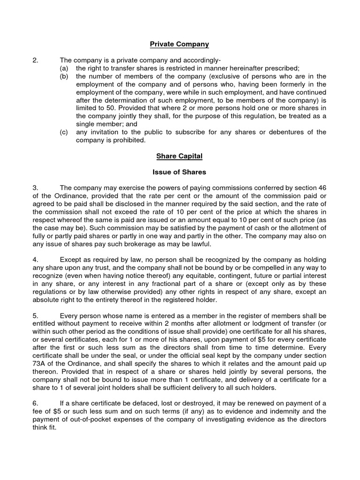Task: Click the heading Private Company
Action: (180, 45)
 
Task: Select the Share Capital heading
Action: (180, 156)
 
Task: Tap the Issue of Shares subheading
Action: (180, 172)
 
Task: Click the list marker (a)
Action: (64, 68)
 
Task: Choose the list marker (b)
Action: (64, 76)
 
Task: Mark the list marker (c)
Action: (64, 132)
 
